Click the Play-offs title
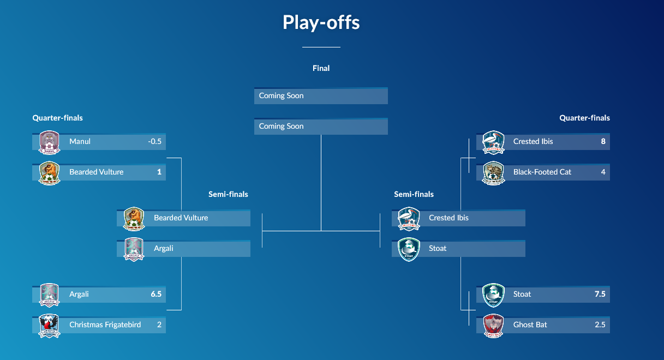(321, 23)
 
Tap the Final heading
(321, 68)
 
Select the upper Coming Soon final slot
(321, 96)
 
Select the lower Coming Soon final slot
(321, 127)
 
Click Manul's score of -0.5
(154, 142)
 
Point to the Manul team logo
(49, 142)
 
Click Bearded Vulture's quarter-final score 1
(159, 172)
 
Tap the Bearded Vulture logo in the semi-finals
(134, 219)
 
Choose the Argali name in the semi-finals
(164, 249)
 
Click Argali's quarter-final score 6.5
(156, 295)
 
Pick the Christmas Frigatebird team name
(105, 325)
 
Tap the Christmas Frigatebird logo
(49, 326)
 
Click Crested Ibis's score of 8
(603, 142)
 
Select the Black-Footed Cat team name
(542, 172)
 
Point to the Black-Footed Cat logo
(494, 173)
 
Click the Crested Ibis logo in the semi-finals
(409, 219)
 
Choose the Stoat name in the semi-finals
(438, 249)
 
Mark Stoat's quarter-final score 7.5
(600, 295)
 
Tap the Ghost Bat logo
(494, 326)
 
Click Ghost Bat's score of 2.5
(600, 325)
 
